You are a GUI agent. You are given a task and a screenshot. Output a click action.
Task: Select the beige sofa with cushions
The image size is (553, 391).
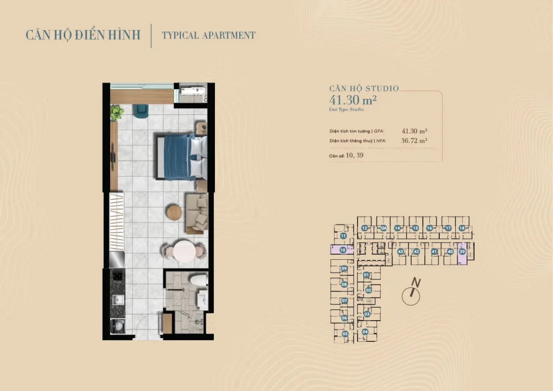[197, 213]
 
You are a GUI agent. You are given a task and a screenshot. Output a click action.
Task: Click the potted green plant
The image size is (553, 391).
[117, 112]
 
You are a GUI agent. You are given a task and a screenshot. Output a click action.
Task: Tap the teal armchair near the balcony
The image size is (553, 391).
[141, 110]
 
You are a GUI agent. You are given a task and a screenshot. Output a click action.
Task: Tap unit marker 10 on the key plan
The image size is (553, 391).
[343, 250]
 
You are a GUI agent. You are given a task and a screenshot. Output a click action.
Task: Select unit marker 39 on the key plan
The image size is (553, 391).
[462, 252]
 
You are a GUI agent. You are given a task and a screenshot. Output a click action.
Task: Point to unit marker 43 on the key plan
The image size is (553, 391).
[400, 252]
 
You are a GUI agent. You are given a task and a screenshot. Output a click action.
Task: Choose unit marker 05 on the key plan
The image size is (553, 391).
[345, 334]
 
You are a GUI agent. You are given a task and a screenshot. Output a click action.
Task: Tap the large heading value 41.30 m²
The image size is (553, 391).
[353, 99]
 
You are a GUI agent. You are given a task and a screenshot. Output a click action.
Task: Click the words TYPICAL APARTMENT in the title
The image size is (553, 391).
[208, 36]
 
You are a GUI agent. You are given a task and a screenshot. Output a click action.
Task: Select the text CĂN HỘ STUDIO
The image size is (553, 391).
[364, 89]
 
